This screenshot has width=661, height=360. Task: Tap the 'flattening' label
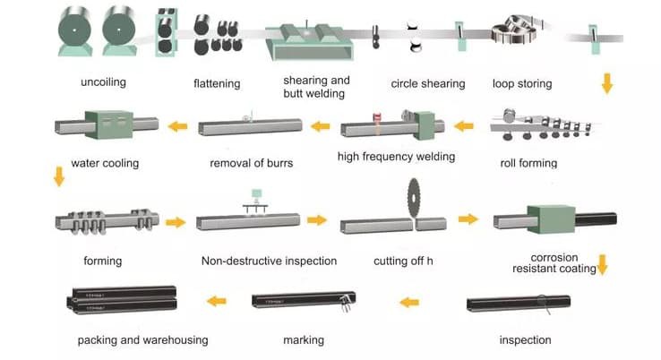217,84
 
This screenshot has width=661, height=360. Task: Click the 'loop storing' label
522,84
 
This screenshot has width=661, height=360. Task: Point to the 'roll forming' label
528,163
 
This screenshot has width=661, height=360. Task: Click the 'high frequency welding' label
396,157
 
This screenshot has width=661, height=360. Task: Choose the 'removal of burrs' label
252,163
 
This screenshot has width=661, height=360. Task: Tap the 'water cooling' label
107,163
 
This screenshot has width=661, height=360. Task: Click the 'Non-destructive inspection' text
270,261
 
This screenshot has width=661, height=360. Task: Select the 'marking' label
303,340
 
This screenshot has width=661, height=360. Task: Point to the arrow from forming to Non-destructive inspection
176,221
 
